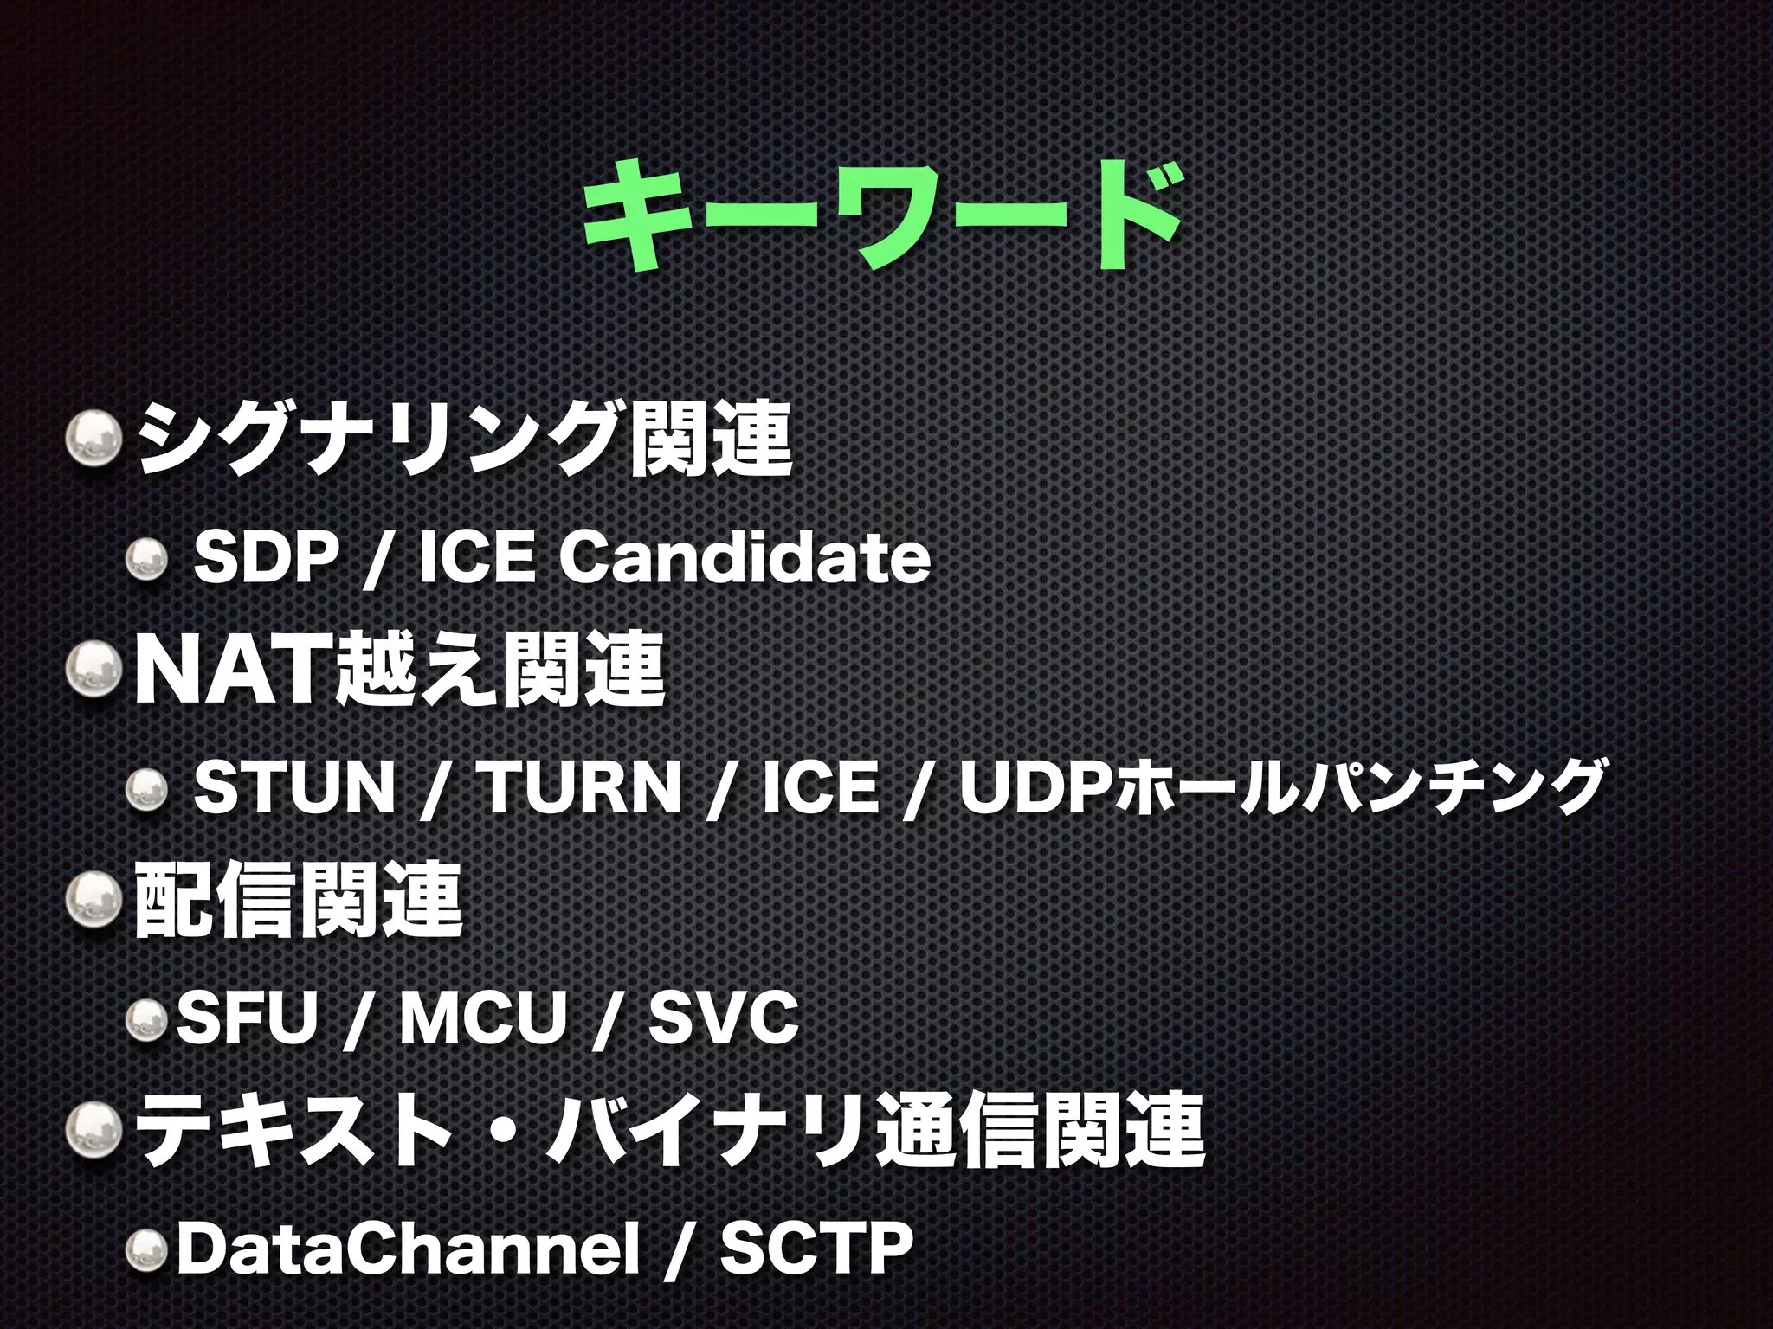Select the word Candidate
coord(745,558)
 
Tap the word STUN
coord(293,787)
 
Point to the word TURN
coord(581,787)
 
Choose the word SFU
coord(248,1017)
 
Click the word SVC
coord(723,1017)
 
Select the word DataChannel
coord(407,1247)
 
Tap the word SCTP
coord(816,1247)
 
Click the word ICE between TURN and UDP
coord(821,787)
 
